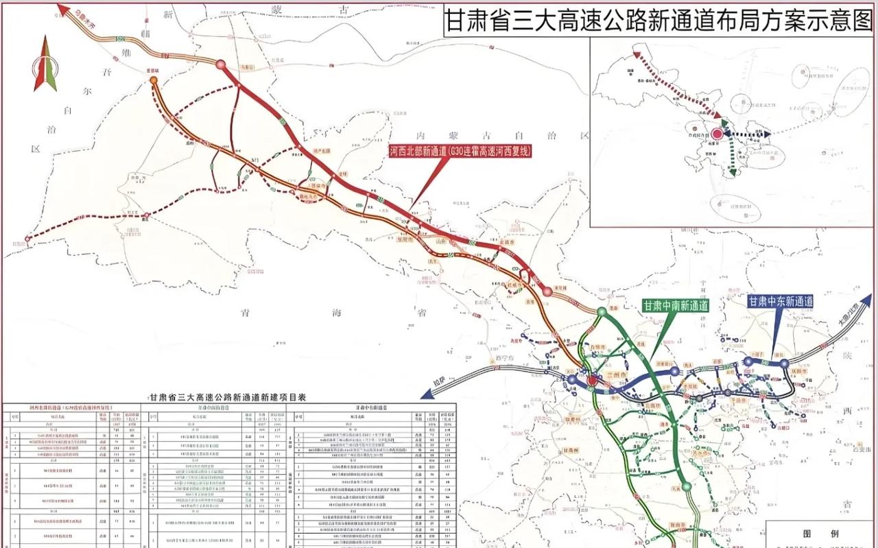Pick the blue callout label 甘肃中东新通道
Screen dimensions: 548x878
coord(780,301)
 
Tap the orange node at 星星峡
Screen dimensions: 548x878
coord(154,80)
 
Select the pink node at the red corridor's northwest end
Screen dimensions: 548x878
coord(221,64)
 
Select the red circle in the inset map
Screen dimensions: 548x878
coord(717,134)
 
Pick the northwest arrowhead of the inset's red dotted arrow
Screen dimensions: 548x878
coord(636,51)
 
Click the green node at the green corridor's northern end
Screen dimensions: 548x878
coord(602,312)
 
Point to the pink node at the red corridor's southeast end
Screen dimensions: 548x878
coord(547,291)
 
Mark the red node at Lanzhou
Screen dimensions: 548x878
coord(593,380)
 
